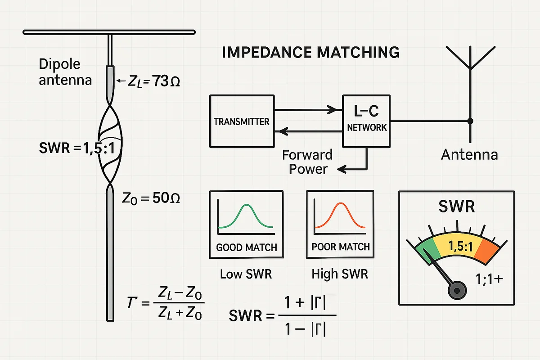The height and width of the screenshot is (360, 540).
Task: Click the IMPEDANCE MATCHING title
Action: [310, 52]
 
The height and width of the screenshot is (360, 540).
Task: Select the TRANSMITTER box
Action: [241, 121]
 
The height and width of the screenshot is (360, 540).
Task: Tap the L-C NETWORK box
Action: [367, 121]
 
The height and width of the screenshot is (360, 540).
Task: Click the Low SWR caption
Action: [246, 274]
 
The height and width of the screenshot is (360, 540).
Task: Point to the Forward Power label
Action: [308, 162]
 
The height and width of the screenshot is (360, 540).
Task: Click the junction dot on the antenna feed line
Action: [470, 121]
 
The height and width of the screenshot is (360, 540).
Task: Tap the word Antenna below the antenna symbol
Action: [469, 155]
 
